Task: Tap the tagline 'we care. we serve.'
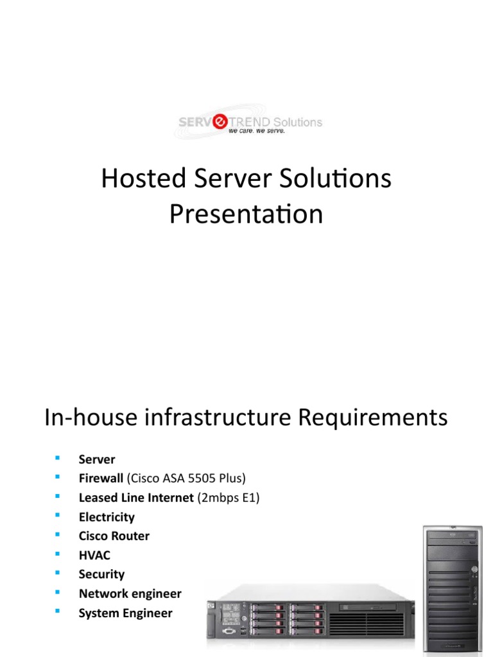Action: click(x=256, y=132)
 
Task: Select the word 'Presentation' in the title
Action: click(x=246, y=214)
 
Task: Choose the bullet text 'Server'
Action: click(x=97, y=459)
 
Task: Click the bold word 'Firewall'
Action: click(x=101, y=479)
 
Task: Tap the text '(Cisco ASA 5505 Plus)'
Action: click(x=187, y=479)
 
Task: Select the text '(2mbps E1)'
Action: click(x=227, y=498)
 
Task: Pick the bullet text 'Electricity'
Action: click(x=107, y=517)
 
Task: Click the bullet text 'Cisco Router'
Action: click(x=114, y=536)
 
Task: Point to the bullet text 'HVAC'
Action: click(x=94, y=555)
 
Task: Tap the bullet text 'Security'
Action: click(x=101, y=574)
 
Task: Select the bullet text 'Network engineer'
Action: click(x=130, y=593)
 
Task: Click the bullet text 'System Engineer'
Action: click(x=125, y=613)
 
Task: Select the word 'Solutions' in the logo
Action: click(x=298, y=122)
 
